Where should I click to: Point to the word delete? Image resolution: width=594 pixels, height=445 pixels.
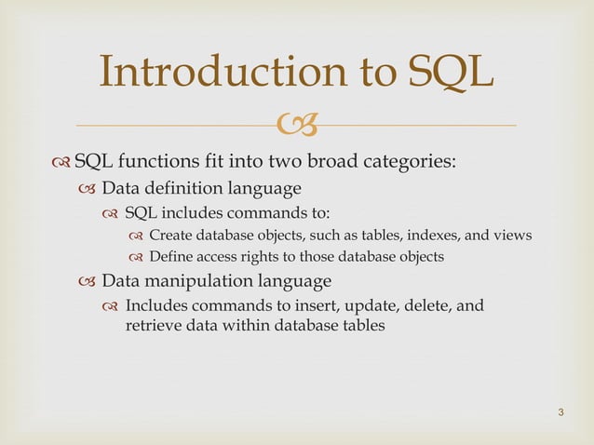click(x=426, y=304)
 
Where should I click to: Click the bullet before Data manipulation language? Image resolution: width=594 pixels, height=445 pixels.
click(x=87, y=280)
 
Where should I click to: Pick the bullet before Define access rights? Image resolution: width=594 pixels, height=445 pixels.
click(x=135, y=257)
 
